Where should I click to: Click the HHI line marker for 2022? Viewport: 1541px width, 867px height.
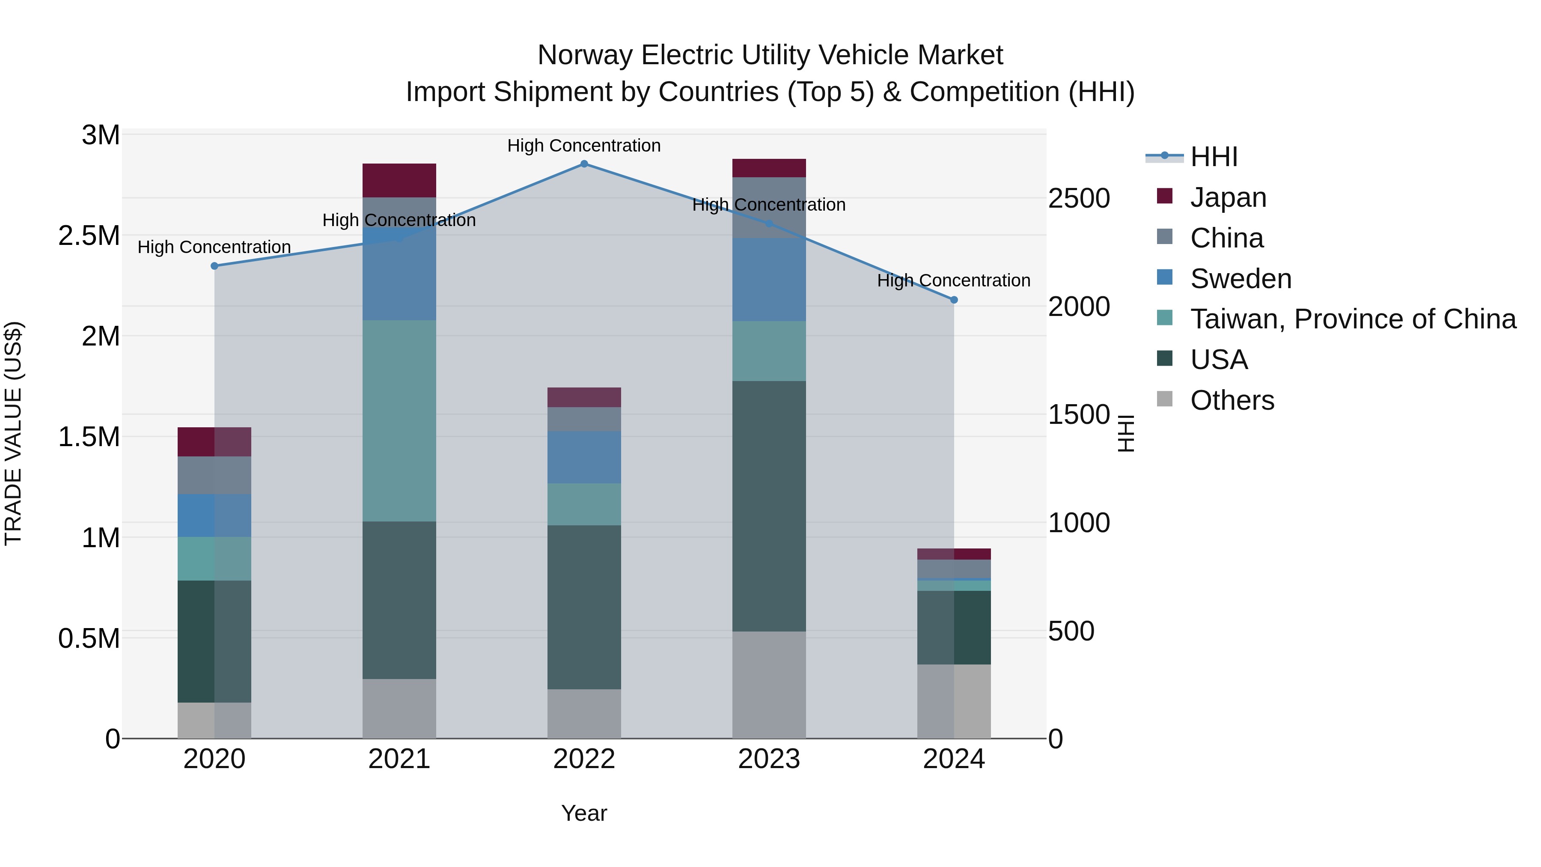(584, 164)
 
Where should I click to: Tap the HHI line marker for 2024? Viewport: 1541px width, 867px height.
(954, 300)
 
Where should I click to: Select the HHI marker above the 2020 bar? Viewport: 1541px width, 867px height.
(214, 265)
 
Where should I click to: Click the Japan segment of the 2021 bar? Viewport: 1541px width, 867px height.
(399, 180)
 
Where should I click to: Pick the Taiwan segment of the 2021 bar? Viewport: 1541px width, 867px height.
(399, 420)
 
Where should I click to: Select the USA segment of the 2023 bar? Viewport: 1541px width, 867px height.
(769, 506)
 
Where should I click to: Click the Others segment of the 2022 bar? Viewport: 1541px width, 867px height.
(584, 713)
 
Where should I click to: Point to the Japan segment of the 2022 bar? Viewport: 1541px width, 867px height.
(584, 397)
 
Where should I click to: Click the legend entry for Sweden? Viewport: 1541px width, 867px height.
(1240, 279)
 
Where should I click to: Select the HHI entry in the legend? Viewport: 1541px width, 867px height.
(1213, 157)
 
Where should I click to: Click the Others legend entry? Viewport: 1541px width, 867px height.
(1232, 400)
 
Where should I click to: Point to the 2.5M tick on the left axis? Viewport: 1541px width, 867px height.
(89, 236)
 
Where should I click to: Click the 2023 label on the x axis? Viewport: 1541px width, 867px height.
(769, 759)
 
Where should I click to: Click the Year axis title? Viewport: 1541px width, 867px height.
(584, 813)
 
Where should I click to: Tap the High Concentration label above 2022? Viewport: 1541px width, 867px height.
(584, 146)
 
